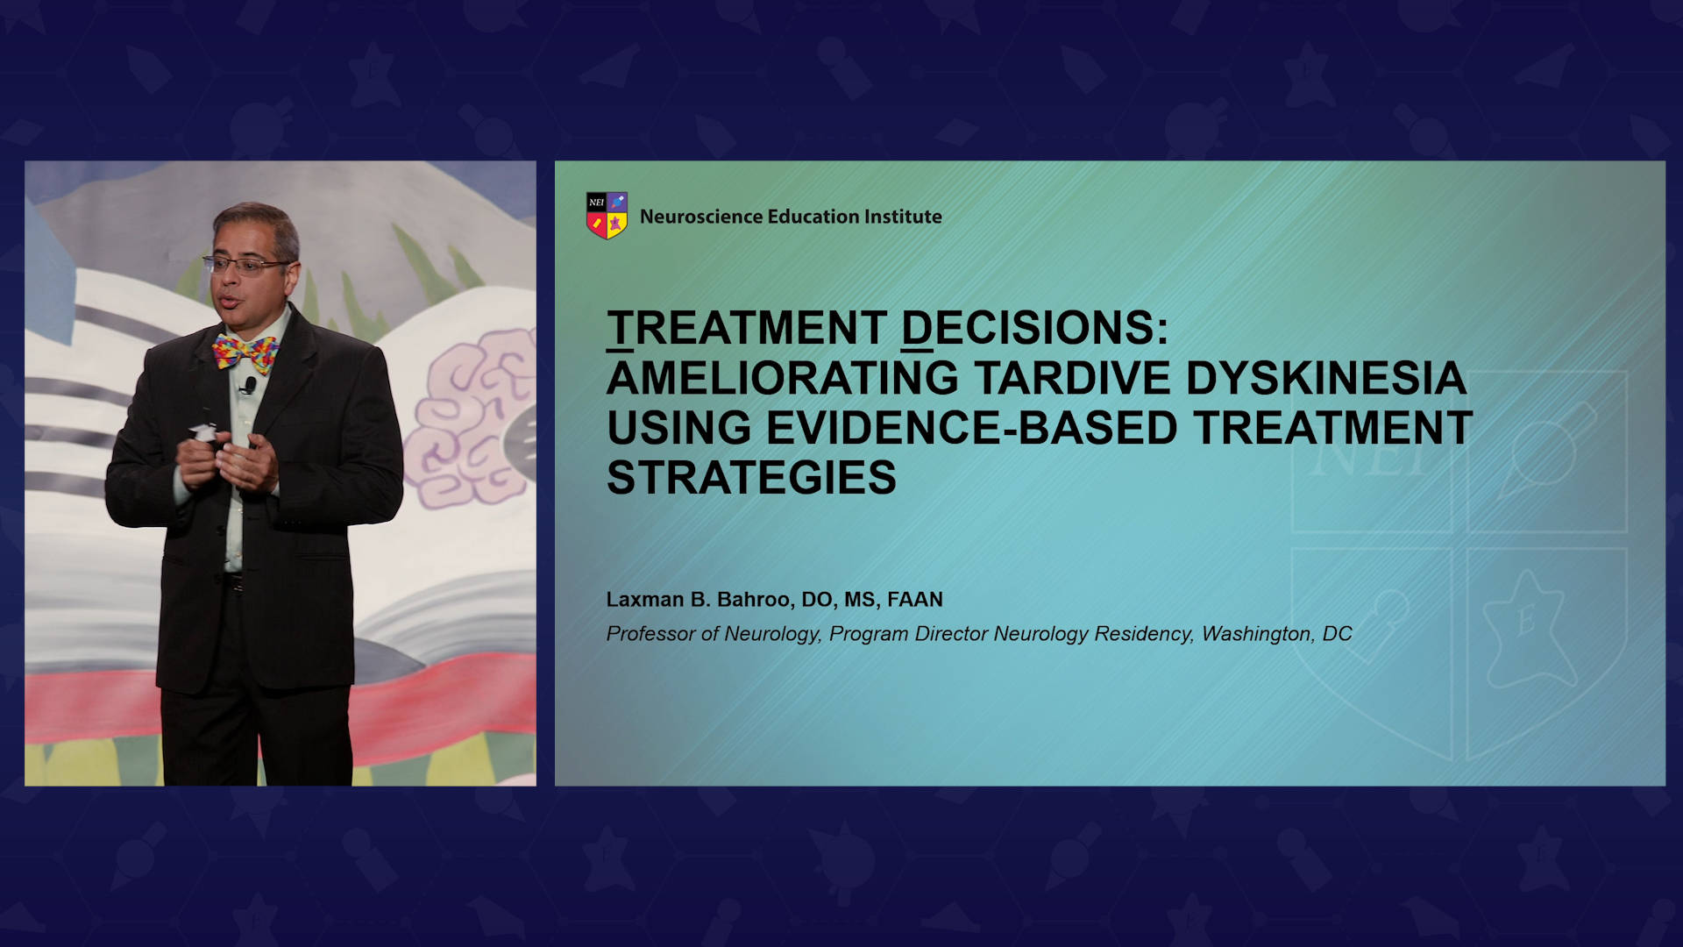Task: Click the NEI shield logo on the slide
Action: tap(607, 216)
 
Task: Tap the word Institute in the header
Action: tap(903, 217)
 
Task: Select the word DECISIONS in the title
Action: tap(1034, 328)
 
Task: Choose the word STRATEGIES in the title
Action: tap(751, 478)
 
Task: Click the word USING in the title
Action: tap(679, 428)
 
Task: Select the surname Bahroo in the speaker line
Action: tap(753, 600)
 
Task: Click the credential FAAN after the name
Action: tap(915, 600)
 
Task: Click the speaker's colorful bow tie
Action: tap(245, 352)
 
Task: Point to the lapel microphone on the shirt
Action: tap(250, 385)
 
